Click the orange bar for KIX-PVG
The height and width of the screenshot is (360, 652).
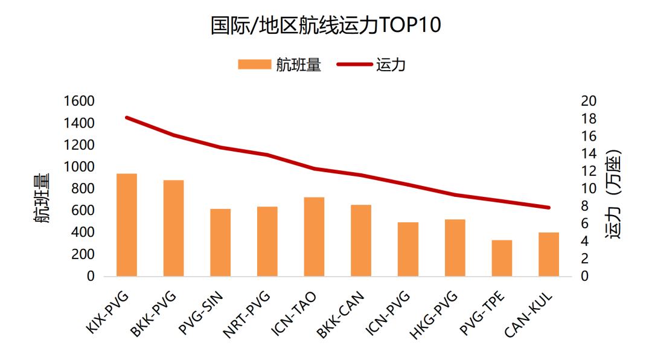pos(127,225)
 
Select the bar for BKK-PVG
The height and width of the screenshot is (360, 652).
pos(173,228)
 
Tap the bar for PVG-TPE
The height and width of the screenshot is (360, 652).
pos(502,258)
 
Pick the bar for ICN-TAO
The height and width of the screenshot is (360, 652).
pos(314,237)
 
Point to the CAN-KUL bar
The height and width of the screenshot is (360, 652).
pos(549,254)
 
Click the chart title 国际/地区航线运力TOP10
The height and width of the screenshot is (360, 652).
pos(326,25)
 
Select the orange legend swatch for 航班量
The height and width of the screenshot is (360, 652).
pos(254,65)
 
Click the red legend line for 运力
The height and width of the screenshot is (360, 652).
pos(355,65)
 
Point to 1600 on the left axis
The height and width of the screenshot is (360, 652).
pos(79,101)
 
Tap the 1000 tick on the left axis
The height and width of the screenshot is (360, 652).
pos(79,167)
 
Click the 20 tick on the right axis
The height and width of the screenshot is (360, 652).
pos(588,101)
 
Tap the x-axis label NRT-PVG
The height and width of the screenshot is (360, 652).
pos(248,313)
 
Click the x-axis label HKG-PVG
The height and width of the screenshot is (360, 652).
pos(435,313)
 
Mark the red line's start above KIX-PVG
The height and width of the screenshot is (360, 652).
pos(127,117)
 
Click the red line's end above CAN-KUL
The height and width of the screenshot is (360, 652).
pos(549,208)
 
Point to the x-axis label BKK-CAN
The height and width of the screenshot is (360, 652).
pos(342,313)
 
